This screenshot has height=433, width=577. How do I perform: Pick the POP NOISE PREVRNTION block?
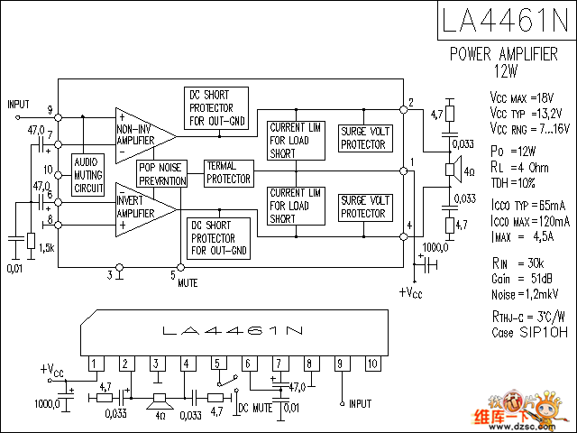162,174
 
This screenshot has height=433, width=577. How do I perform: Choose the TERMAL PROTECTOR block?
227,172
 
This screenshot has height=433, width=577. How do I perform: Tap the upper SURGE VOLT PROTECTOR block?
364,138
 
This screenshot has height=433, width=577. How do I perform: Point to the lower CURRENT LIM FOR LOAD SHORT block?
295,206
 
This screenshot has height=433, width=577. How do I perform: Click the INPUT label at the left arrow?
19,105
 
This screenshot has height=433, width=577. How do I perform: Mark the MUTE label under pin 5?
188,282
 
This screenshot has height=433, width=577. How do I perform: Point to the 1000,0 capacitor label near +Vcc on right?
438,247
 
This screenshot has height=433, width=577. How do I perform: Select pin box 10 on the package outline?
371,364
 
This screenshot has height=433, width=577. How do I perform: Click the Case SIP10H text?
530,332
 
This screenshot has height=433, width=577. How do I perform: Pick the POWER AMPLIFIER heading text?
504,54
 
